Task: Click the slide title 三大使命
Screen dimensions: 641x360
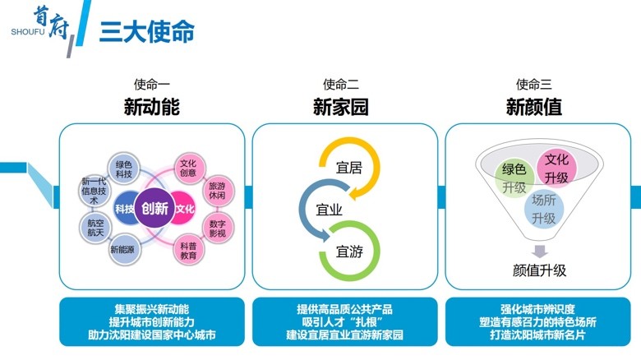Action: [147, 31]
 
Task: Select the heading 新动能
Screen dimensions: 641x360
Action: [151, 107]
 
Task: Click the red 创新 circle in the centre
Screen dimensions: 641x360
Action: [154, 208]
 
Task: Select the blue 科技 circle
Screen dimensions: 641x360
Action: [125, 208]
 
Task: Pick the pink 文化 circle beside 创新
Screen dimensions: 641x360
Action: [185, 208]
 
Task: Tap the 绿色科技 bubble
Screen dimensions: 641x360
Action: [123, 168]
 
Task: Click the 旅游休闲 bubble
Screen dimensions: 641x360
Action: [216, 191]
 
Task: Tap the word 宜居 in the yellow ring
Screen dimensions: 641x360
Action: [349, 168]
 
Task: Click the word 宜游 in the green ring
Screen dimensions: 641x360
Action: [349, 252]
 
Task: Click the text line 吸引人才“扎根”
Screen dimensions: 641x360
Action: [344, 322]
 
